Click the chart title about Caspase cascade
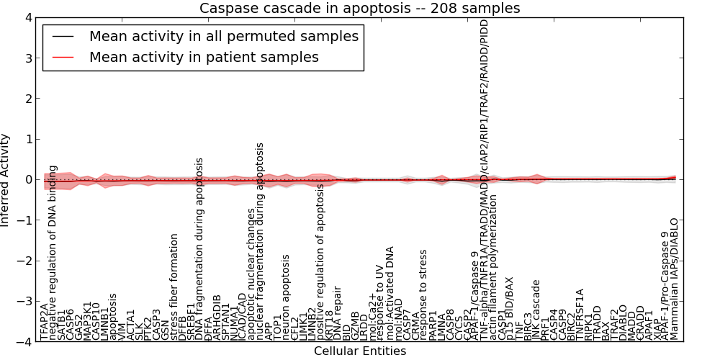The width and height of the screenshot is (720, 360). tap(359, 9)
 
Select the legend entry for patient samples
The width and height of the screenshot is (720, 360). tap(203, 57)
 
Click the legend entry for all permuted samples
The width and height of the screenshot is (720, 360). tap(223, 36)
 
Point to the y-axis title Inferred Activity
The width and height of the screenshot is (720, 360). tap(6, 180)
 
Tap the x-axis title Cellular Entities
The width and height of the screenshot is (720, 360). tap(359, 351)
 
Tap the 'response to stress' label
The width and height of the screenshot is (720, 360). tap(424, 295)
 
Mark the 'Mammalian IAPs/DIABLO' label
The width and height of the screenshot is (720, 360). tap(675, 279)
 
